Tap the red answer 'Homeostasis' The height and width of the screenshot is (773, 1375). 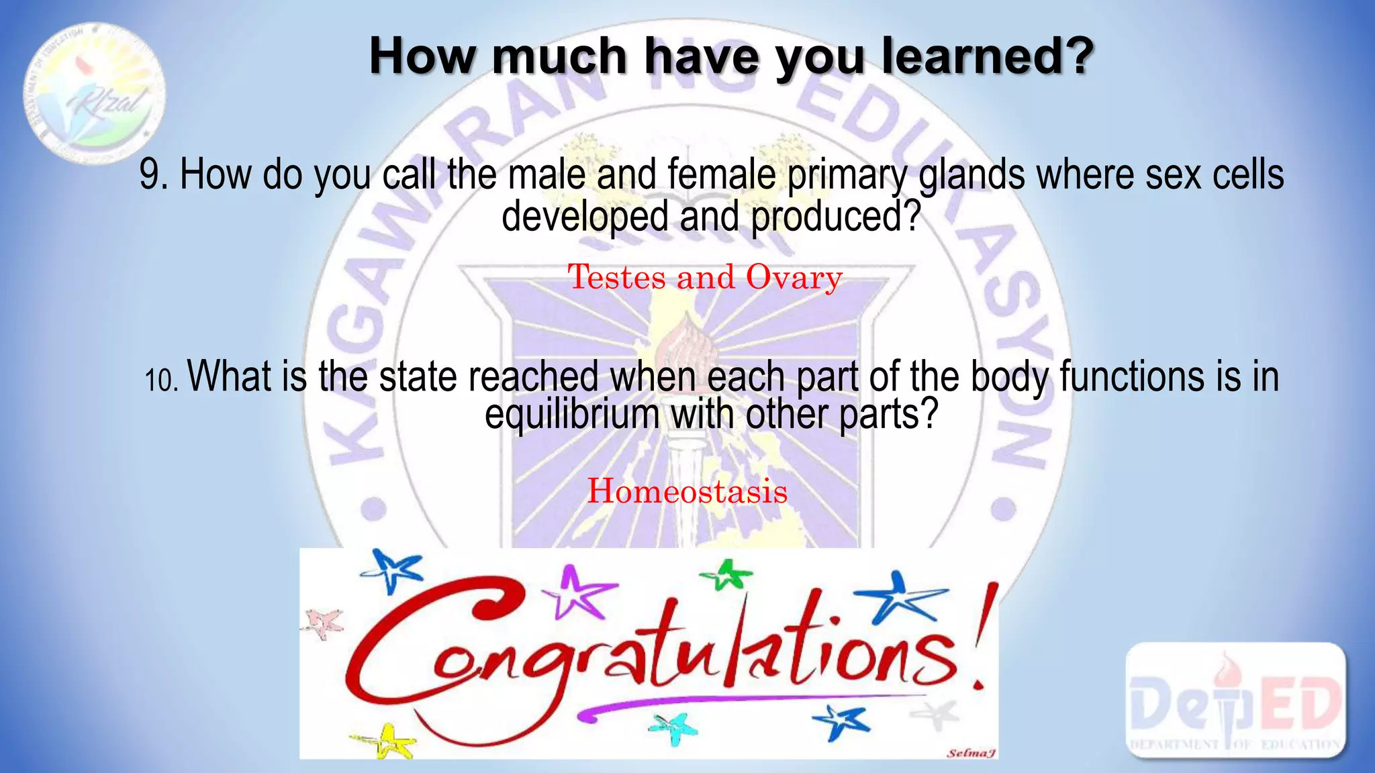coord(687,491)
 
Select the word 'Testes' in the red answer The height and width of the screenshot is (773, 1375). coord(617,277)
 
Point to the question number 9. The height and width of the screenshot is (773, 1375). coord(153,175)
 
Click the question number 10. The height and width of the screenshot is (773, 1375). coord(161,380)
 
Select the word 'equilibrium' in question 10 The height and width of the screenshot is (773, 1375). coord(572,415)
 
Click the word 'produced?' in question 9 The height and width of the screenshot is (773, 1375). coord(835,217)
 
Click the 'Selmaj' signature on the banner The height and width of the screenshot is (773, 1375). coord(970,753)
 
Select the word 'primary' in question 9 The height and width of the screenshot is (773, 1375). coord(847,175)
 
